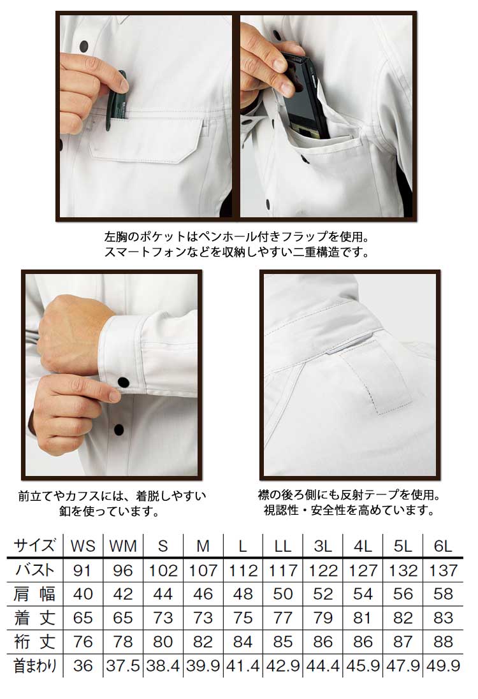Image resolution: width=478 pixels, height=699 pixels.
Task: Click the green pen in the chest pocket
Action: click(117, 100)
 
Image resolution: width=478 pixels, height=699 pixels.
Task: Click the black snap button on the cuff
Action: click(123, 382)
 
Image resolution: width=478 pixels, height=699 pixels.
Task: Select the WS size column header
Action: click(83, 546)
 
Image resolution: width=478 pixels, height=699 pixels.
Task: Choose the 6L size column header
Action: click(443, 546)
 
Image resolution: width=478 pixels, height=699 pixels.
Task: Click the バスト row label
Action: click(35, 570)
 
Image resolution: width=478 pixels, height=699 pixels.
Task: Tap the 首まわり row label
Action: click(36, 666)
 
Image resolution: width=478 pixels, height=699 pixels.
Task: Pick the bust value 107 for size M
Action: click(203, 570)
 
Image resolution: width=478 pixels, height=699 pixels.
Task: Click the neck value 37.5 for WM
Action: click(122, 666)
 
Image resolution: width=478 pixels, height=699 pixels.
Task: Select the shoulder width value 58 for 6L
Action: click(443, 594)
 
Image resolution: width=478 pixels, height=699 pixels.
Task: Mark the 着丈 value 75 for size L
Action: click(243, 618)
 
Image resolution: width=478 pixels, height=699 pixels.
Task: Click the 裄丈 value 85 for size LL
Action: click(283, 642)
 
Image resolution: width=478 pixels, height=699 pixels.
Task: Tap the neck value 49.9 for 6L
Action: click(443, 666)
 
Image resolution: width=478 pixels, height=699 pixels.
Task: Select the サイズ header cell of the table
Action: click(35, 545)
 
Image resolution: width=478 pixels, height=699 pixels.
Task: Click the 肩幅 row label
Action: click(35, 594)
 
